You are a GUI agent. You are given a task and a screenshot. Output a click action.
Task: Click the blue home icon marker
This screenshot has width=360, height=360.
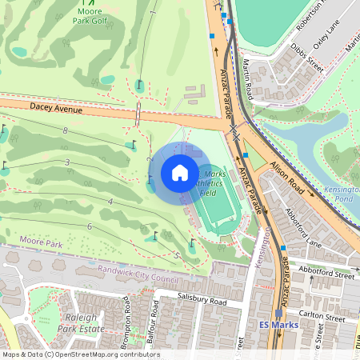click(179, 172)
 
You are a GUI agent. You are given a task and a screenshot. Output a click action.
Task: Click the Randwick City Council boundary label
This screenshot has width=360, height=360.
click(138, 273)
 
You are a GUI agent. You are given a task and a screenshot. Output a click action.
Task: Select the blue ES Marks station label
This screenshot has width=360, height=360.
click(278, 325)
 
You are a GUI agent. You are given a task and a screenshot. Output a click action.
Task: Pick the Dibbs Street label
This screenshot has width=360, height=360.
click(307, 58)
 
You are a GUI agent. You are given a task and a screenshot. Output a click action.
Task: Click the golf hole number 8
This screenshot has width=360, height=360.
click(64, 130)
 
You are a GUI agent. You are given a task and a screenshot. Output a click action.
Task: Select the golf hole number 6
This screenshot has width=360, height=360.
click(90, 227)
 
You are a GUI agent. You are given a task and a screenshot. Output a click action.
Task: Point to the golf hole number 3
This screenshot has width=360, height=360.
click(68, 162)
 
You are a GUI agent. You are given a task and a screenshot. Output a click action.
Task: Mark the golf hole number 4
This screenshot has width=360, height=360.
click(109, 201)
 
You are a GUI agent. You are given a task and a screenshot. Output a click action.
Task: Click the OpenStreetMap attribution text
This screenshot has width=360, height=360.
click(80, 354)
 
